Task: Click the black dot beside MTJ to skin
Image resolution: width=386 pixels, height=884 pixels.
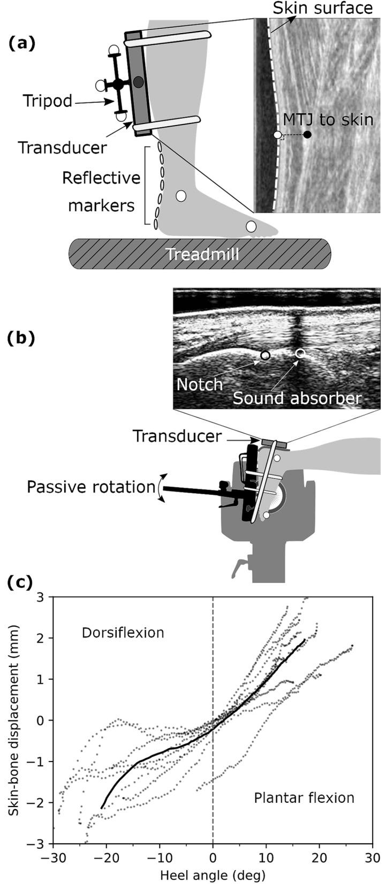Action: pyautogui.click(x=307, y=135)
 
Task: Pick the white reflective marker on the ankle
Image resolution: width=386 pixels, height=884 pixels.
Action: pyautogui.click(x=181, y=196)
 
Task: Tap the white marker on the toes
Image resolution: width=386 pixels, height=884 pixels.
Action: pyautogui.click(x=251, y=226)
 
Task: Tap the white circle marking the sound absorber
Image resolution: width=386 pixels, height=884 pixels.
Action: pyautogui.click(x=300, y=352)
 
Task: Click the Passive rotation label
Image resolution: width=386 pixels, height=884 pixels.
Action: pyautogui.click(x=91, y=487)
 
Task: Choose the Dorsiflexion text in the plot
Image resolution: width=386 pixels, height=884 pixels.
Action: pyautogui.click(x=123, y=633)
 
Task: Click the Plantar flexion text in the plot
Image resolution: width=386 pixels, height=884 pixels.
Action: pyautogui.click(x=304, y=798)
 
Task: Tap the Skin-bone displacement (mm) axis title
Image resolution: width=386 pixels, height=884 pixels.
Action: pyautogui.click(x=14, y=720)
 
